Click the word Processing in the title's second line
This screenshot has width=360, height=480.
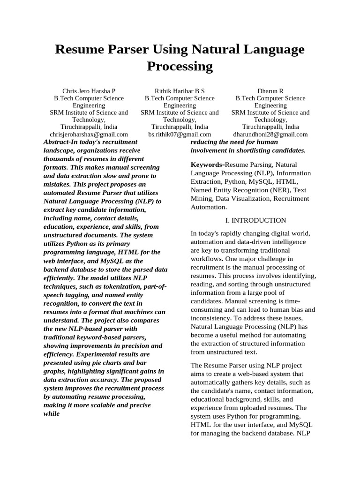click(180, 66)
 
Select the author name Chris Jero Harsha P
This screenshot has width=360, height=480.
click(89, 91)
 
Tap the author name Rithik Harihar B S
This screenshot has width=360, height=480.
click(180, 91)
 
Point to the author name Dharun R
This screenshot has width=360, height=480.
click(270, 91)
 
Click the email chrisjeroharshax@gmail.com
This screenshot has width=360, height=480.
click(89, 134)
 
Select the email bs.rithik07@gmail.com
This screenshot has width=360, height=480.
click(180, 134)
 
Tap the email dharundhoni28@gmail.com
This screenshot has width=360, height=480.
click(270, 134)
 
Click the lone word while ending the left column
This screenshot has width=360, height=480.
click(52, 414)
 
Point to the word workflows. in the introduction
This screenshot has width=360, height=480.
click(206, 259)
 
